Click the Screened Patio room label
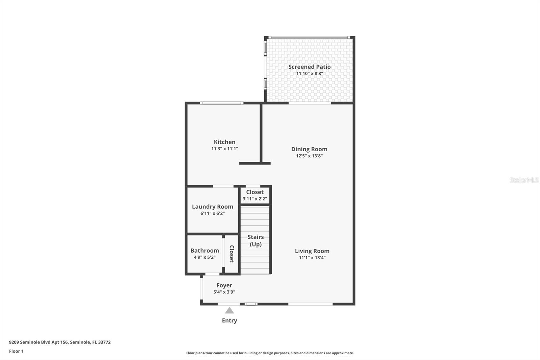(309, 67)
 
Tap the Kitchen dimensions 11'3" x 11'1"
(225, 149)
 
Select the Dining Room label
(309, 149)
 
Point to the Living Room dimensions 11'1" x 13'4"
(312, 258)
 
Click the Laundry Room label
(213, 207)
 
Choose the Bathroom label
(205, 251)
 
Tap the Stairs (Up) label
(255, 240)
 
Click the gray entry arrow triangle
(230, 311)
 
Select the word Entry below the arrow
(230, 320)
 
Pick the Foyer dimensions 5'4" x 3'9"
(224, 292)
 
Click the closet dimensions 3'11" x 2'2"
(255, 199)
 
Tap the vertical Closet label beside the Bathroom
(232, 254)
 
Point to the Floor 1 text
(17, 351)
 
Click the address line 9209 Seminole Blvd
(60, 342)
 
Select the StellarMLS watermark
(524, 180)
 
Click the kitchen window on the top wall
(222, 103)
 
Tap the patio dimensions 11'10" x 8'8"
(309, 74)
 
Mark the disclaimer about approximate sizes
(270, 353)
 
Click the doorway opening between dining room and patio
(310, 103)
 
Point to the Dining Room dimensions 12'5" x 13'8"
(309, 156)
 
